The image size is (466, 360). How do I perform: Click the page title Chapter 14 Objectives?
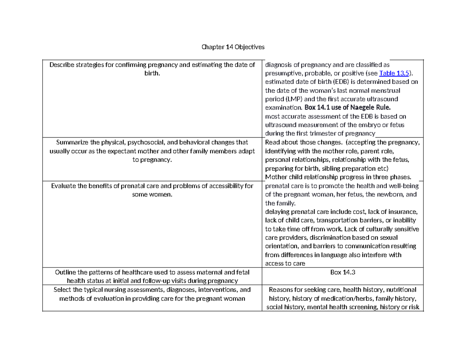233,47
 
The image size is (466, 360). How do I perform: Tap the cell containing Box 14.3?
343,272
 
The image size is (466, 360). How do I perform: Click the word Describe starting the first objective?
62,65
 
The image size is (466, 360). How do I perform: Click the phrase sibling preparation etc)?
365,168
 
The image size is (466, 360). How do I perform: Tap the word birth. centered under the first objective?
152,73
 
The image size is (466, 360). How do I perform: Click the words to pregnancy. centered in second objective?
152,160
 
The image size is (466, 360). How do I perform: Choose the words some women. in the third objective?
152,194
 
